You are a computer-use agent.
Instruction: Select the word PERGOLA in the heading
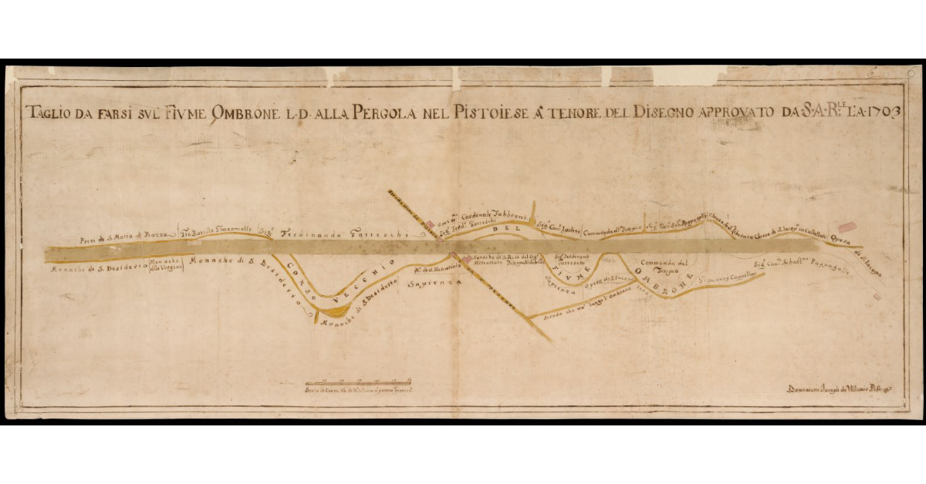(x=384, y=113)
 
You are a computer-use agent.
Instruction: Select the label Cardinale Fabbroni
(x=491, y=216)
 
